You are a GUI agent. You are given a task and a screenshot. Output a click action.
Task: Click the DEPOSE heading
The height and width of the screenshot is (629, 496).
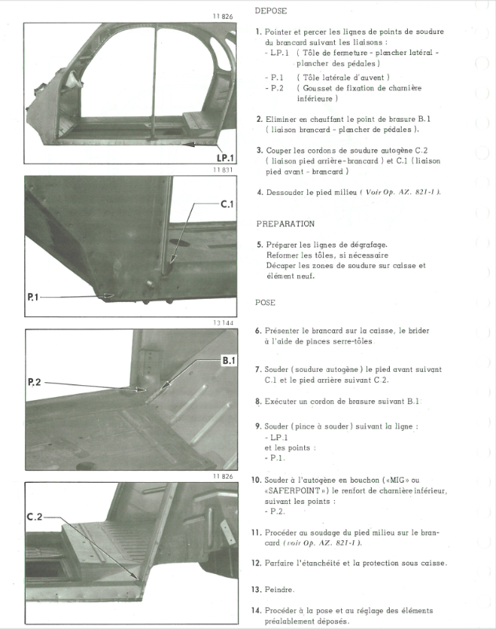point(271,12)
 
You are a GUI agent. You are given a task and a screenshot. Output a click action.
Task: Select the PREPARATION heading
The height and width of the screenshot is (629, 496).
point(285,224)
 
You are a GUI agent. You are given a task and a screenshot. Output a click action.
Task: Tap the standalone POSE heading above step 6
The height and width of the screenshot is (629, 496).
point(265,303)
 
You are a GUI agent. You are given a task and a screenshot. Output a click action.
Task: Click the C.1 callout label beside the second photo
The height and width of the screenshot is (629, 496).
point(227,204)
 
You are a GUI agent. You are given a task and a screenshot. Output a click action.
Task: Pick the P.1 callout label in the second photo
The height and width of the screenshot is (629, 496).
point(38,297)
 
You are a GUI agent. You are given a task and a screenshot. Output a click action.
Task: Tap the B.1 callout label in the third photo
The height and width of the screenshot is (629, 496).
point(229,360)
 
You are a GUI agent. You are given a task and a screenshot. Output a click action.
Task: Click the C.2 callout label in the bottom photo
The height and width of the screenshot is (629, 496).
point(35,517)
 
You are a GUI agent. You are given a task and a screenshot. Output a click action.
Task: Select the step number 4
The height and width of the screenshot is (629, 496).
point(259,193)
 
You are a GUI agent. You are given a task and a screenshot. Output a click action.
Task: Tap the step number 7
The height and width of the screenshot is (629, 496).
point(259,370)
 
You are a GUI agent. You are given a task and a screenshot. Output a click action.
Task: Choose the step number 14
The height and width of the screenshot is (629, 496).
point(256,610)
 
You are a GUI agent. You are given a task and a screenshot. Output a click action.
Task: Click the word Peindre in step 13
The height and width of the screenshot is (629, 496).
point(280,589)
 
